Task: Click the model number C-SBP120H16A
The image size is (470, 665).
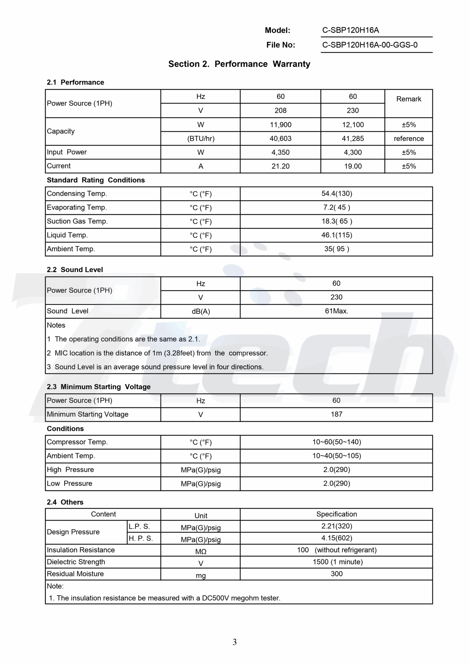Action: (x=350, y=30)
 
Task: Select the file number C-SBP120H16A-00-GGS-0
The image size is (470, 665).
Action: (x=370, y=45)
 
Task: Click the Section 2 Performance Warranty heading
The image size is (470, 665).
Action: (x=239, y=64)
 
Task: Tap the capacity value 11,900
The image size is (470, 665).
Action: (x=280, y=125)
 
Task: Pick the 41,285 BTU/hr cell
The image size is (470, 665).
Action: (x=353, y=138)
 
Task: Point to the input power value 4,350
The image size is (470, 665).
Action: (x=280, y=152)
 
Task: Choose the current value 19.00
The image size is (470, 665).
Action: (x=353, y=166)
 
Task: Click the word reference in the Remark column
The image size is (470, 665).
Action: (x=409, y=138)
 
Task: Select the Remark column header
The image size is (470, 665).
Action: (x=409, y=99)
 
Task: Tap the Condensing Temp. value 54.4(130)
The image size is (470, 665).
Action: (x=337, y=194)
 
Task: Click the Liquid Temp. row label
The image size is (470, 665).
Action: (x=67, y=235)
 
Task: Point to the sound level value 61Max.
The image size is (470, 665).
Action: (x=337, y=311)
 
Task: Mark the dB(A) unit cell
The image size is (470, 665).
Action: (x=201, y=311)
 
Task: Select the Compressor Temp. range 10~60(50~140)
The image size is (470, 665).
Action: (x=337, y=442)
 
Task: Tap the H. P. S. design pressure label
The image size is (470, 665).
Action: (x=141, y=538)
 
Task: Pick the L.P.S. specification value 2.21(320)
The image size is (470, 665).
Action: (x=337, y=526)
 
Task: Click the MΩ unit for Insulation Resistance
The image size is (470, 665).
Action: (x=201, y=551)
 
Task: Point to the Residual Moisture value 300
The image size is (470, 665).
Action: (x=337, y=574)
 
